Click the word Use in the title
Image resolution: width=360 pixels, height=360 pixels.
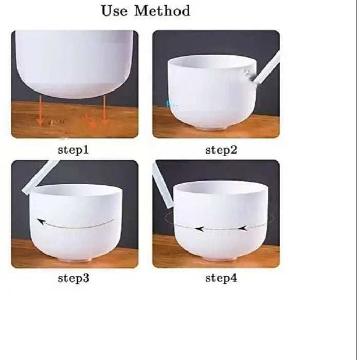pyautogui.click(x=115, y=11)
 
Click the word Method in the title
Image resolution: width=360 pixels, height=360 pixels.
pyautogui.click(x=162, y=11)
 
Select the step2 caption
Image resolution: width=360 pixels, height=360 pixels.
pyautogui.click(x=221, y=150)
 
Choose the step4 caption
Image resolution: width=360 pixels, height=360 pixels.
pyautogui.click(x=221, y=279)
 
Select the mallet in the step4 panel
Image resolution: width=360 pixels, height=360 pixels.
pyautogui.click(x=161, y=188)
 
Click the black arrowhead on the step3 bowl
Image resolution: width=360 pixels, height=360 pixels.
pyautogui.click(x=41, y=222)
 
